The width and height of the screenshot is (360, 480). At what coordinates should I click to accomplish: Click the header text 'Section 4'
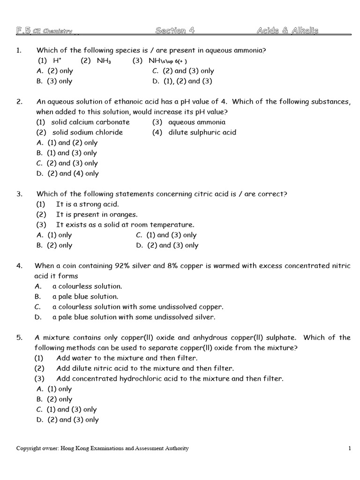pos(174,31)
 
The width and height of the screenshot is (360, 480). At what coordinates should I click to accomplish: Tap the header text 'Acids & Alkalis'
pos(287,31)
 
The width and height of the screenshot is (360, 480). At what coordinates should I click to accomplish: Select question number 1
pos(19,50)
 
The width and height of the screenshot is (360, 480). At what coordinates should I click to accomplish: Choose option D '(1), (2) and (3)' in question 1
pos(182,81)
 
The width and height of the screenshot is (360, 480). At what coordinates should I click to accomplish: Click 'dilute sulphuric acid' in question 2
pos(202,132)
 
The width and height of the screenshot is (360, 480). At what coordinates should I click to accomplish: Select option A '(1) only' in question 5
pos(54,389)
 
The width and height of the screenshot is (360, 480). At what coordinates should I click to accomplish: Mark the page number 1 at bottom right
pos(350,449)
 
